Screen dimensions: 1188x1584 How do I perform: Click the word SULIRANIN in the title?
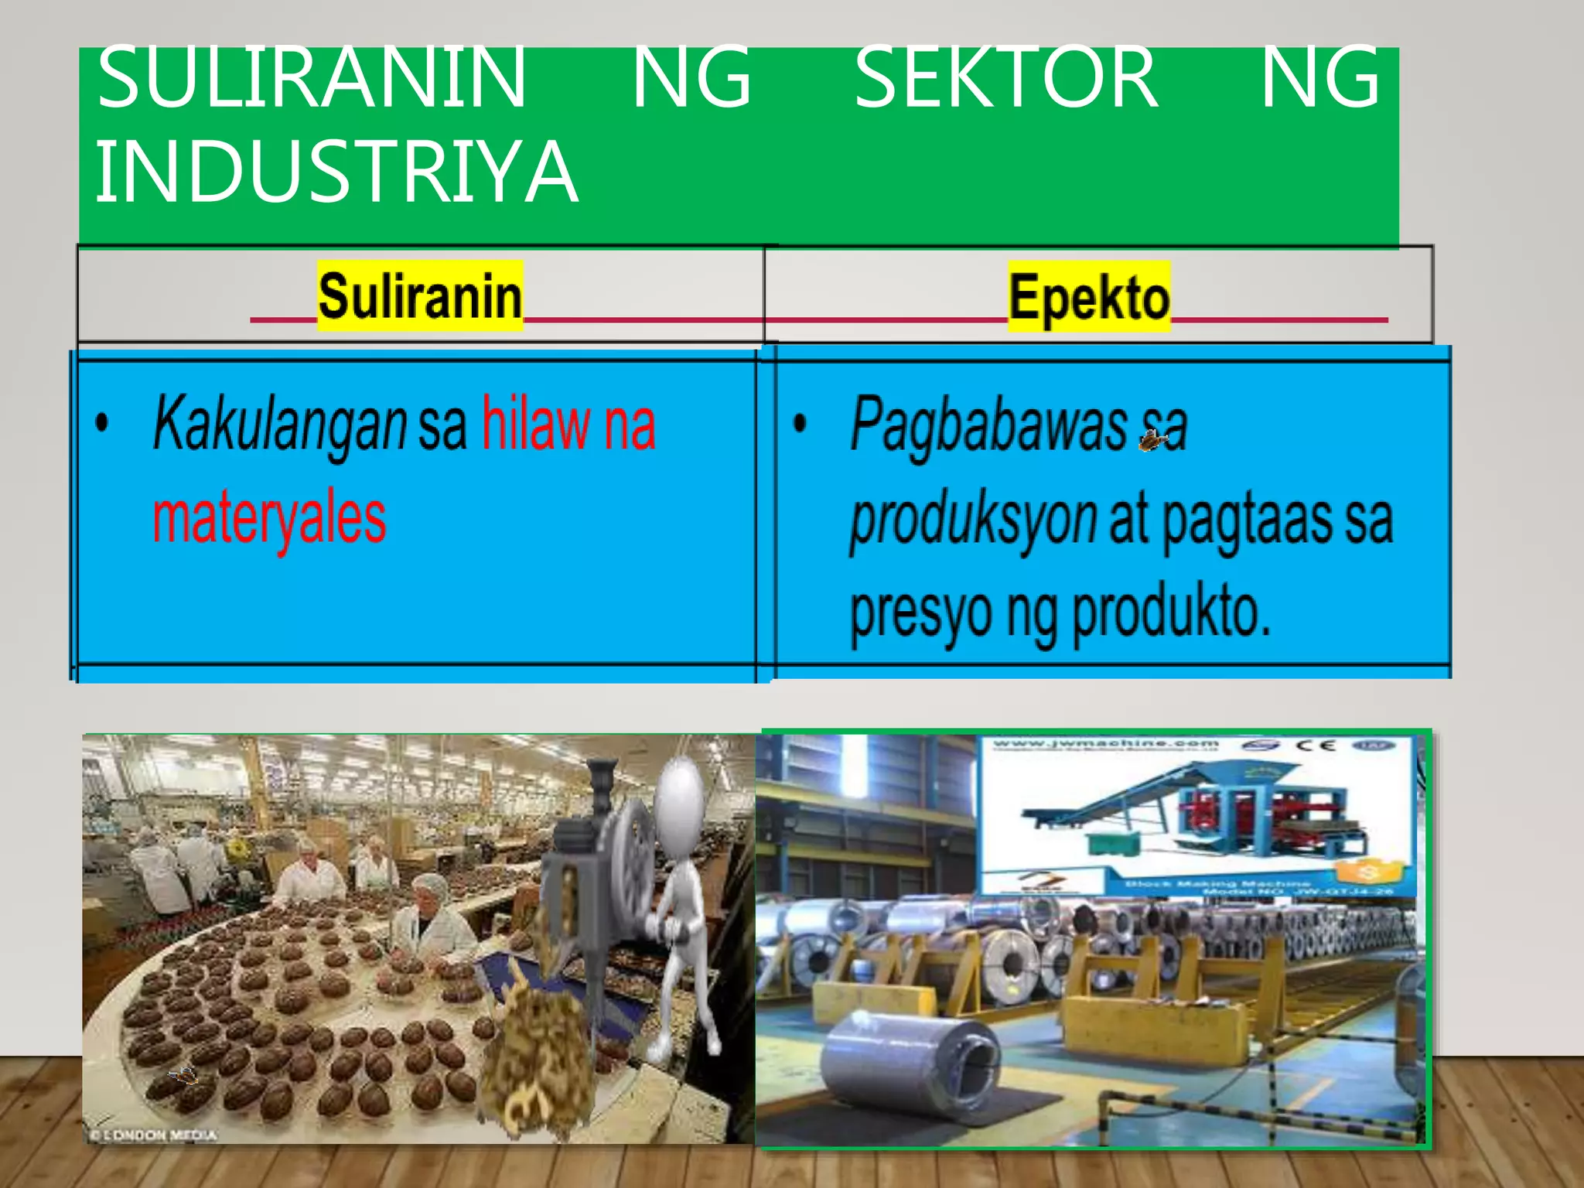click(x=311, y=77)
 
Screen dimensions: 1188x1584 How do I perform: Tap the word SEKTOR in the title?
click(x=1005, y=77)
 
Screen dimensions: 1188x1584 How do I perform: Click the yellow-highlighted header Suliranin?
click(x=420, y=296)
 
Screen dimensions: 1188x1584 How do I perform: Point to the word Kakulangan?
click(x=279, y=424)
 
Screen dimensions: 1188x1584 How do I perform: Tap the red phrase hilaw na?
click(x=568, y=424)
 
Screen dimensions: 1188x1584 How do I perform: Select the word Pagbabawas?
click(x=988, y=424)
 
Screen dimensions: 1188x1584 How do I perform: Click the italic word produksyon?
click(x=973, y=520)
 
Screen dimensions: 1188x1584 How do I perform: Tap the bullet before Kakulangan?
click(x=102, y=424)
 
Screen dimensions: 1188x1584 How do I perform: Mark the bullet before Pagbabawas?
click(x=800, y=422)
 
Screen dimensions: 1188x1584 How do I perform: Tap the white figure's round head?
click(x=681, y=792)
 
